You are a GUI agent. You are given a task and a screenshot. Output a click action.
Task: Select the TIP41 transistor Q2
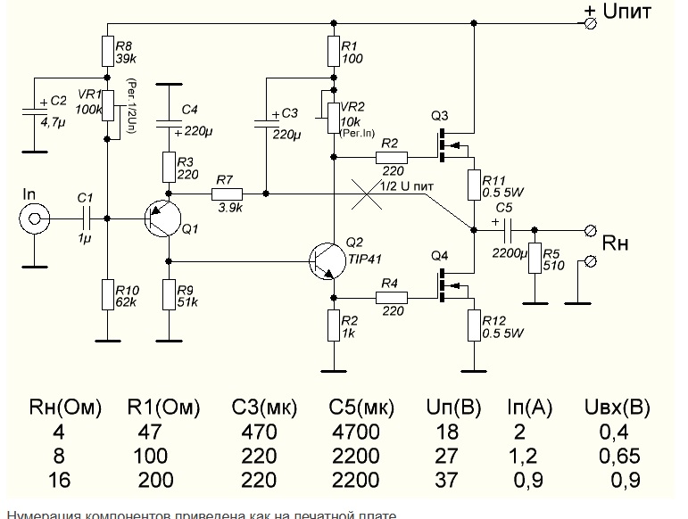(326, 259)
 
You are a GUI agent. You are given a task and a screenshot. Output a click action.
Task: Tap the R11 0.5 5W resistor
(472, 185)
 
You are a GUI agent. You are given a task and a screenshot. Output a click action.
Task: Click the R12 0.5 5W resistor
(472, 324)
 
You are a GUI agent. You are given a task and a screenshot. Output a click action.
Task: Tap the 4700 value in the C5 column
(360, 432)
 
